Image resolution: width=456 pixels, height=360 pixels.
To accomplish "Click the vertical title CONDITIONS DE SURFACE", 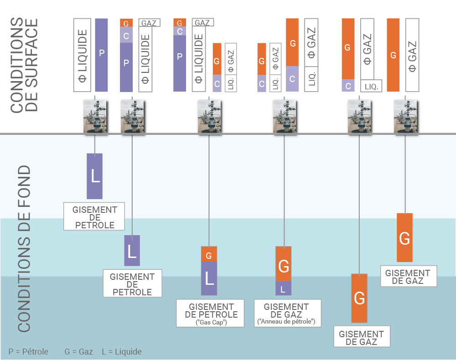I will click(x=24, y=65).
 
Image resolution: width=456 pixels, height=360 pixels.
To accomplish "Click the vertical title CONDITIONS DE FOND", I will click(x=24, y=248).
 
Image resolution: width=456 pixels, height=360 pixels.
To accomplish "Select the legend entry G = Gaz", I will click(x=78, y=351).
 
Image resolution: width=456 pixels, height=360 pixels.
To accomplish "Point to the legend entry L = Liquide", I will click(x=122, y=351).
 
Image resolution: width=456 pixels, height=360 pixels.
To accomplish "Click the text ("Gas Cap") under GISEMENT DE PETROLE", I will click(x=211, y=322).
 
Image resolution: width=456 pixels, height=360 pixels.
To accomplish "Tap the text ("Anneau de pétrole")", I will click(x=287, y=322).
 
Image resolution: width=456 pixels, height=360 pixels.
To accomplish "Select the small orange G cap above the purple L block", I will click(x=209, y=254).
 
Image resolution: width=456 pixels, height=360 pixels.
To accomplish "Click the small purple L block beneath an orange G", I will click(x=283, y=288).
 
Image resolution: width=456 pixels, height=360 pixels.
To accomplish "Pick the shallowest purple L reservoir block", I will click(x=95, y=176).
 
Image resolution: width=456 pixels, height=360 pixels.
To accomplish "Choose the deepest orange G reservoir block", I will click(x=359, y=298).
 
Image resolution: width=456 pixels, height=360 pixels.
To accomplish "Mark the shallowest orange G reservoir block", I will click(x=404, y=237).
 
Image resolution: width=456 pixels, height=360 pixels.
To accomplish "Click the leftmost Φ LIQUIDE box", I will click(x=83, y=55).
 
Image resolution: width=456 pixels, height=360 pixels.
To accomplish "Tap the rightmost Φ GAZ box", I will click(x=412, y=55).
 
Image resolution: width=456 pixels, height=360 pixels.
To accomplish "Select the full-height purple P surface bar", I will click(x=102, y=55).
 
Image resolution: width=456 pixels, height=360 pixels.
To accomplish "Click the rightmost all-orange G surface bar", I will click(x=393, y=55).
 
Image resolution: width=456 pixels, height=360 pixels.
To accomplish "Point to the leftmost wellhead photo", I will click(x=95, y=117).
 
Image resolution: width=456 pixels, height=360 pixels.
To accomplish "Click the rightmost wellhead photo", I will click(x=404, y=117).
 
